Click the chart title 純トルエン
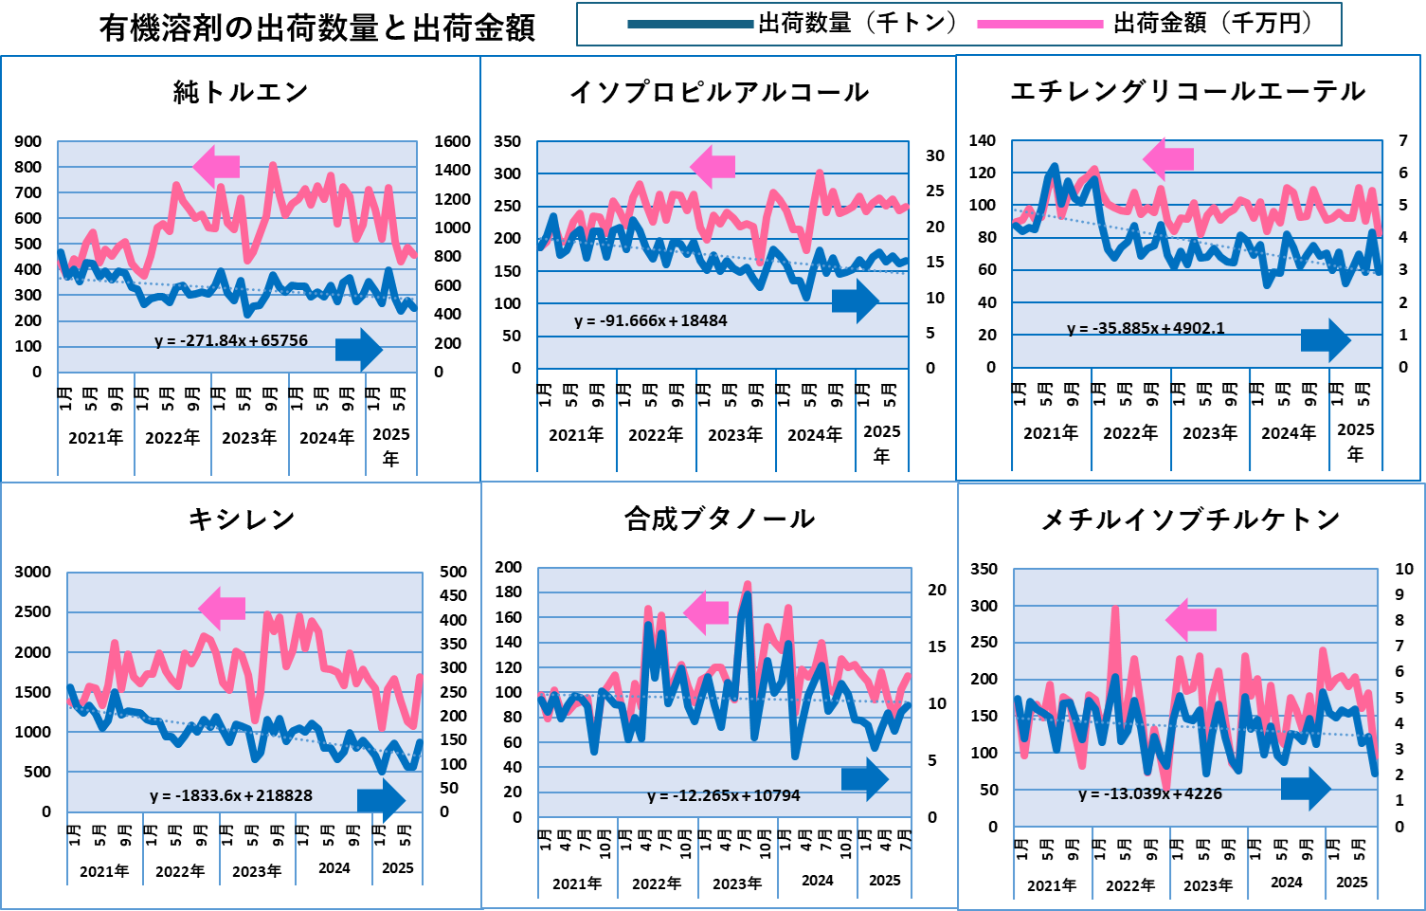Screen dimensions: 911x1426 pos(241,92)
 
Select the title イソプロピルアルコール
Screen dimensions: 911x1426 pos(719,92)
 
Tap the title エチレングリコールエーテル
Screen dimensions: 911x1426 pos(1188,91)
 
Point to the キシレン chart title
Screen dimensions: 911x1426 pos(242,519)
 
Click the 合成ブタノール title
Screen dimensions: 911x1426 pos(719,519)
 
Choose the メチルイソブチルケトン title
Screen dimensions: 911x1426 pos(1190,519)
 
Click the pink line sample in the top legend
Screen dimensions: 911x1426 pos(1039,25)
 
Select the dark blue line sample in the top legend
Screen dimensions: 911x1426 pos(690,25)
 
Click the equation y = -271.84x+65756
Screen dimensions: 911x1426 pos(231,340)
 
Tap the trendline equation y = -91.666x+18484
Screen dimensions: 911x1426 pos(651,320)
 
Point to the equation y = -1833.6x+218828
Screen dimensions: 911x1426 pos(231,795)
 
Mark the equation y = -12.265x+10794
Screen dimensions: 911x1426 pos(724,795)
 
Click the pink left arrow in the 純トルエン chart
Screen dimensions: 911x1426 pos(217,167)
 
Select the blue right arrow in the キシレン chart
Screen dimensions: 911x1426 pos(381,800)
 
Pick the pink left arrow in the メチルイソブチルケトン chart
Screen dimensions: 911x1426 pos(1191,620)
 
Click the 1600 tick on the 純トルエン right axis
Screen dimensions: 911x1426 pos(452,141)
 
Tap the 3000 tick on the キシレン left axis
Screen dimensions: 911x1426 pos(32,572)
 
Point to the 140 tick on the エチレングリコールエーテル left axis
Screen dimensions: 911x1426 pos(982,140)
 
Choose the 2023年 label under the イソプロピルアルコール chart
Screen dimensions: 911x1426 pos(735,434)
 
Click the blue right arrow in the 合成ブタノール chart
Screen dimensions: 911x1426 pos(864,779)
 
